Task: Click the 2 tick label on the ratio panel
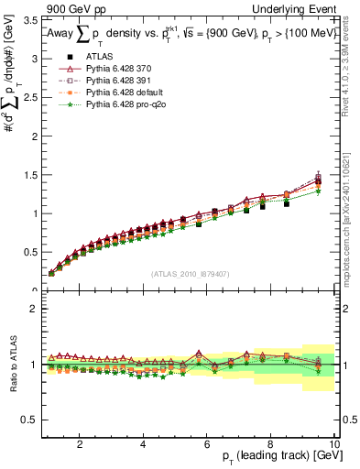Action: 34,309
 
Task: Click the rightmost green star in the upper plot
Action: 318,191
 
